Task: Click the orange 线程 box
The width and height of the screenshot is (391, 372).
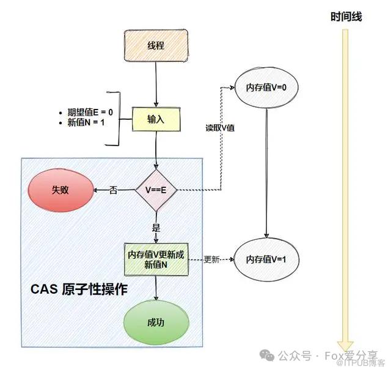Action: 156,46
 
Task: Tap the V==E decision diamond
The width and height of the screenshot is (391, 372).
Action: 156,190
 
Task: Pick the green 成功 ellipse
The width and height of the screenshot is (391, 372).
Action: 156,324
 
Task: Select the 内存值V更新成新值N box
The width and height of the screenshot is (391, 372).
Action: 156,259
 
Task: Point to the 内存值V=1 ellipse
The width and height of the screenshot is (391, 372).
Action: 266,259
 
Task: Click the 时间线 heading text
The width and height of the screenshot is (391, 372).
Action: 346,17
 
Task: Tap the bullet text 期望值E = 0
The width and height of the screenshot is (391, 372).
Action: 86,113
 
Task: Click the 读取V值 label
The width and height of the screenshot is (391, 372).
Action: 221,128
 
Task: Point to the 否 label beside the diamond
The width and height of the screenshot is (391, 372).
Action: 114,190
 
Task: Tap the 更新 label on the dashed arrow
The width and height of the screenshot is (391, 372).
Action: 211,259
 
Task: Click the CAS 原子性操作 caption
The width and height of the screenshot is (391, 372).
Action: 79,289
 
